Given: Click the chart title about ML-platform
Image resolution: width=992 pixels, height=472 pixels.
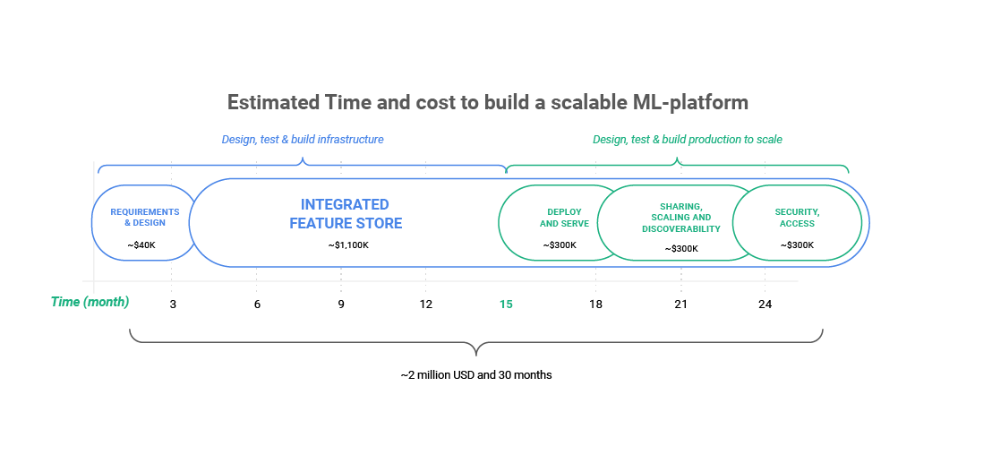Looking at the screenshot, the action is coord(488,102).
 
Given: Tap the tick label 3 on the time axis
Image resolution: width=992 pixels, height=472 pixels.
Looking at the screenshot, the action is coord(173,305).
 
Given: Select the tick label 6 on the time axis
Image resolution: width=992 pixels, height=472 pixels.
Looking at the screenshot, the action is coord(257,305).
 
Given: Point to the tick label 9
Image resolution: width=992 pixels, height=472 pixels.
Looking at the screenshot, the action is coord(341,305).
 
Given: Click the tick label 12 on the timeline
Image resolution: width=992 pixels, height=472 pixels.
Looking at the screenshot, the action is coord(426,305).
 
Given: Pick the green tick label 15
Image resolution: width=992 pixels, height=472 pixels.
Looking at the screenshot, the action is coord(506,305).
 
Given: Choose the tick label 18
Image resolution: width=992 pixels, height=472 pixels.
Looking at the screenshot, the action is coord(595,305).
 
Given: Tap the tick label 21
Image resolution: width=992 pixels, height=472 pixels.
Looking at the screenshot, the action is coord(680,305).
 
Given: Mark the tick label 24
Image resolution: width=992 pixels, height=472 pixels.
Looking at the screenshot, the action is coord(765,305).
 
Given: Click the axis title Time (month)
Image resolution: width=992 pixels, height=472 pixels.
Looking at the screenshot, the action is coord(90,302).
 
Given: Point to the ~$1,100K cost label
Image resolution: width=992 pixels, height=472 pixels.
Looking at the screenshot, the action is coord(348,245).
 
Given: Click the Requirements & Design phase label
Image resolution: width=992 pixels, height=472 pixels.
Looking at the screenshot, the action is coord(145,217).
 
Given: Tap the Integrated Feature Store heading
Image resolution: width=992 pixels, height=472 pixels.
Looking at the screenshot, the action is coord(346,214).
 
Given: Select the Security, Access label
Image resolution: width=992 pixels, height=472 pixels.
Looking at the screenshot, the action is coord(797,218).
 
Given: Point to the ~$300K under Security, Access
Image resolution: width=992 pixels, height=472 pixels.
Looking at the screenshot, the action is coord(797,245).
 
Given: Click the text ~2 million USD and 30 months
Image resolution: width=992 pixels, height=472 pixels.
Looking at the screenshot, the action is coord(475,375).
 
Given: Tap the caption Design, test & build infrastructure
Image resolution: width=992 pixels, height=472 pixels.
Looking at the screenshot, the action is coord(303,139).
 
